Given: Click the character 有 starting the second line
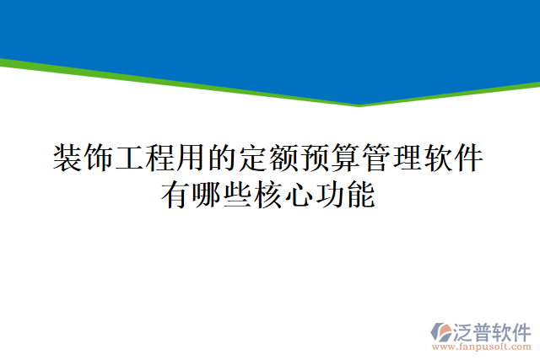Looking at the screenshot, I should (176, 196).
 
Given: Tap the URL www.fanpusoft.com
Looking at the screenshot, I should (481, 347).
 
